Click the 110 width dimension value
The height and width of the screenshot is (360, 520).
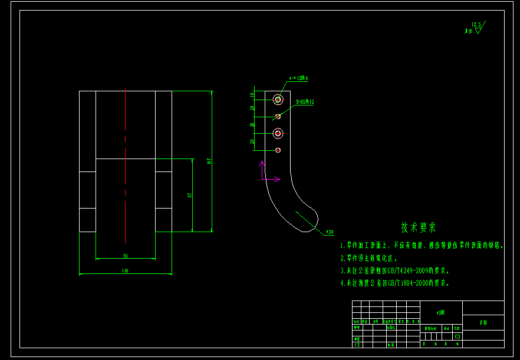(125, 271)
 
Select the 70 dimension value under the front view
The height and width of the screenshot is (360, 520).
(125, 256)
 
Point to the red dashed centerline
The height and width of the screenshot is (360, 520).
(125, 165)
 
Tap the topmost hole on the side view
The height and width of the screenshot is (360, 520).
(278, 100)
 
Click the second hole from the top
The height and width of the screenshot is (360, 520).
(278, 117)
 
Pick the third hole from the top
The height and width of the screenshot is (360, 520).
(278, 134)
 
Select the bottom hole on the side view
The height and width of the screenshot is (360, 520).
(278, 150)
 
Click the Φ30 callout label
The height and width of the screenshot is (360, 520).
(330, 232)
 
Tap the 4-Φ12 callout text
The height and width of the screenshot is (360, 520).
(299, 78)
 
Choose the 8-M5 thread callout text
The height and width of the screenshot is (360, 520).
(305, 102)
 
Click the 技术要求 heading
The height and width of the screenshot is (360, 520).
(419, 227)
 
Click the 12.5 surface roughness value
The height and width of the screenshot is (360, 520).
(476, 25)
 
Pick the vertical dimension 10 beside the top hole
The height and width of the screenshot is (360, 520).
(252, 94)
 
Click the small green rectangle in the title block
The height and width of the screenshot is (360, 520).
(458, 336)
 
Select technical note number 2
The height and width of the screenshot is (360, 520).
(369, 258)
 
